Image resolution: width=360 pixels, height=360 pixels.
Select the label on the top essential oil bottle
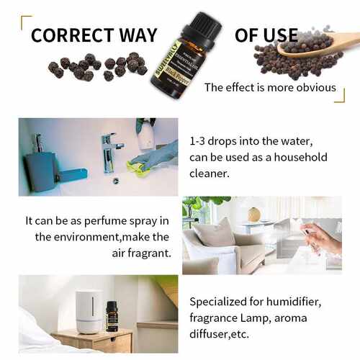[174, 68]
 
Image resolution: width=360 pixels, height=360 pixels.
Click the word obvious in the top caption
[314, 87]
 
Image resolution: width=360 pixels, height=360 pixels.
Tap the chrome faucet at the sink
[109, 147]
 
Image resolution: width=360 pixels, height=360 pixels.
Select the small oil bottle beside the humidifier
[112, 316]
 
